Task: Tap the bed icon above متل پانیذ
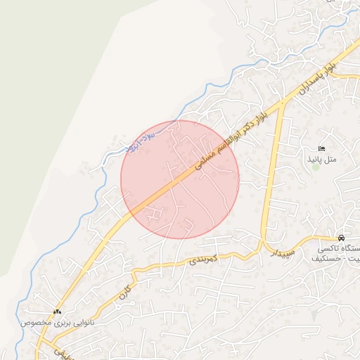click(x=321, y=148)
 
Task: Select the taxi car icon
click(x=341, y=238)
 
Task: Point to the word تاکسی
click(x=329, y=249)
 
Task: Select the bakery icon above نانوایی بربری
click(x=57, y=311)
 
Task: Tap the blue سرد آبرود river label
click(x=141, y=141)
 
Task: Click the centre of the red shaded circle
click(x=180, y=179)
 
